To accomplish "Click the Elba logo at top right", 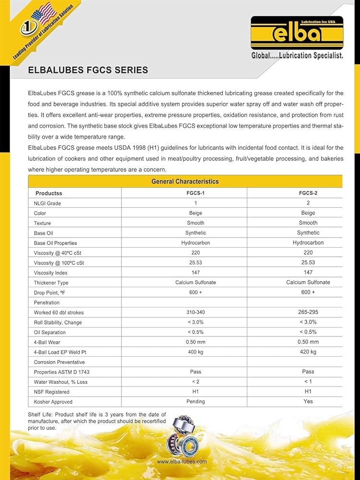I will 297,33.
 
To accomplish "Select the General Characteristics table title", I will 185,181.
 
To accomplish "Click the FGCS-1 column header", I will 195,193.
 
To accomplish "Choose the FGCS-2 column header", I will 308,193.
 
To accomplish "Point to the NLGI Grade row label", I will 47,203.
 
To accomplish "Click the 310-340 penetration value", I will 195,312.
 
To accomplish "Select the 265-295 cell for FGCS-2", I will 308,312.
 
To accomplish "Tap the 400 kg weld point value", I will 195,352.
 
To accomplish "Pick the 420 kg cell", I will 308,352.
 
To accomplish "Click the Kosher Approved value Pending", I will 195,402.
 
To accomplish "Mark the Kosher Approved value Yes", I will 308,402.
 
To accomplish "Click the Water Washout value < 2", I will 195,382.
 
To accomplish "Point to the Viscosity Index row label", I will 50,273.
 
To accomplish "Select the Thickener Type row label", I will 51,283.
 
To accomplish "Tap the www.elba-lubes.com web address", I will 182,462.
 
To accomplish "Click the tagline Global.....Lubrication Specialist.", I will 297,56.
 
